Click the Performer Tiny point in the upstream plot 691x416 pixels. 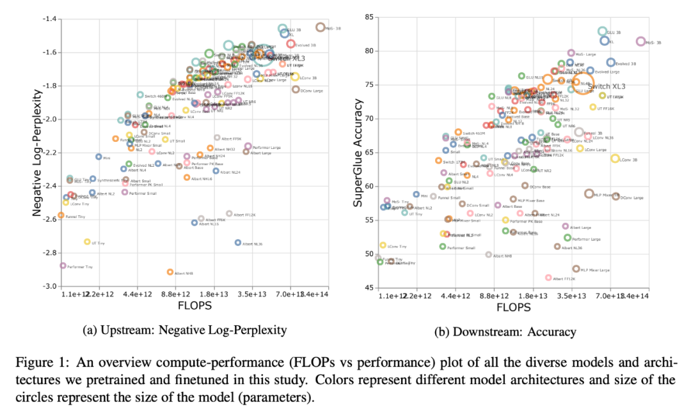[x=63, y=265]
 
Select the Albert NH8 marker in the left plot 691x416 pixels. [x=170, y=272]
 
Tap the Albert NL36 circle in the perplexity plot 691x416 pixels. [x=238, y=242]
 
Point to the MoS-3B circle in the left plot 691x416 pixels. [x=320, y=27]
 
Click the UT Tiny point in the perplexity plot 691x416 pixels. [x=88, y=242]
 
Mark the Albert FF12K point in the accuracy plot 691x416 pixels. [x=548, y=277]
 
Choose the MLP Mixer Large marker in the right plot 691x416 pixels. [x=576, y=269]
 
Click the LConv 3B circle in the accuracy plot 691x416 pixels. [x=615, y=158]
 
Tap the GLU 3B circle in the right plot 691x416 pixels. [x=602, y=31]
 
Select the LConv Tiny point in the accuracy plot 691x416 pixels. [x=383, y=245]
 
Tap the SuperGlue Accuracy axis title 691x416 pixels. [x=358, y=152]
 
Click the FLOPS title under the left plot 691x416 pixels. [x=190, y=307]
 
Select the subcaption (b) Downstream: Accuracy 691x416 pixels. [x=505, y=332]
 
